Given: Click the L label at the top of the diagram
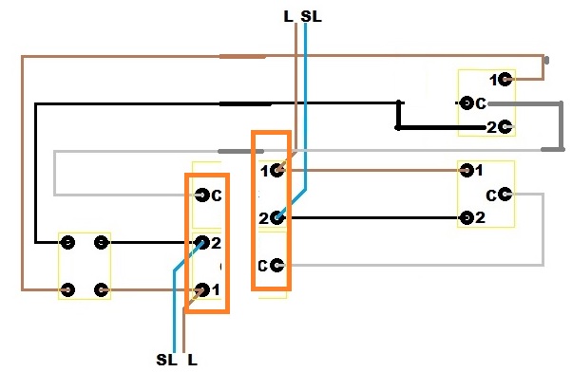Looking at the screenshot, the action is tap(289, 16).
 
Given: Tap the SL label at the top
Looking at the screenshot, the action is tap(311, 16).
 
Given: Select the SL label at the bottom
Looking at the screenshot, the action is tap(166, 360).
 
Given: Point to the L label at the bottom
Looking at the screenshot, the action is tap(192, 360).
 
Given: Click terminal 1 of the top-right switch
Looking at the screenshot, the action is tap(505, 79).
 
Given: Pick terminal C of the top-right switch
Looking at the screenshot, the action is tap(466, 103).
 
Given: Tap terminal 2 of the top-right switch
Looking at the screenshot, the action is tap(505, 127).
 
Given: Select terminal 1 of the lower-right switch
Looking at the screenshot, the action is tap(467, 170).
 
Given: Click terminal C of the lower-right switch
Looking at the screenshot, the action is tap(505, 195).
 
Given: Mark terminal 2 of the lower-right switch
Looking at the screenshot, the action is tap(467, 218).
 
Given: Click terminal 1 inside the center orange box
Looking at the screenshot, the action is tap(277, 170).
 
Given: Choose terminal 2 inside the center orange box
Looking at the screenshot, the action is tap(277, 218).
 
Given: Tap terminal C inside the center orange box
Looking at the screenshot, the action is tap(277, 266).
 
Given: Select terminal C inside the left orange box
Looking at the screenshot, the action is tap(201, 195).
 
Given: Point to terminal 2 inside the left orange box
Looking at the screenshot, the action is tap(201, 242).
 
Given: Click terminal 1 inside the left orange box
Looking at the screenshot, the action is tap(201, 290).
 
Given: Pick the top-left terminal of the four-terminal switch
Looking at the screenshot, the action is tap(67, 242).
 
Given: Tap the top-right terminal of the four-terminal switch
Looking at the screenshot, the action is tap(101, 242).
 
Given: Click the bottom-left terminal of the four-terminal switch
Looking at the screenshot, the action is tap(67, 290).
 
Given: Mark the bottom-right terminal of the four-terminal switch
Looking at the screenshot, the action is tap(101, 290).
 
